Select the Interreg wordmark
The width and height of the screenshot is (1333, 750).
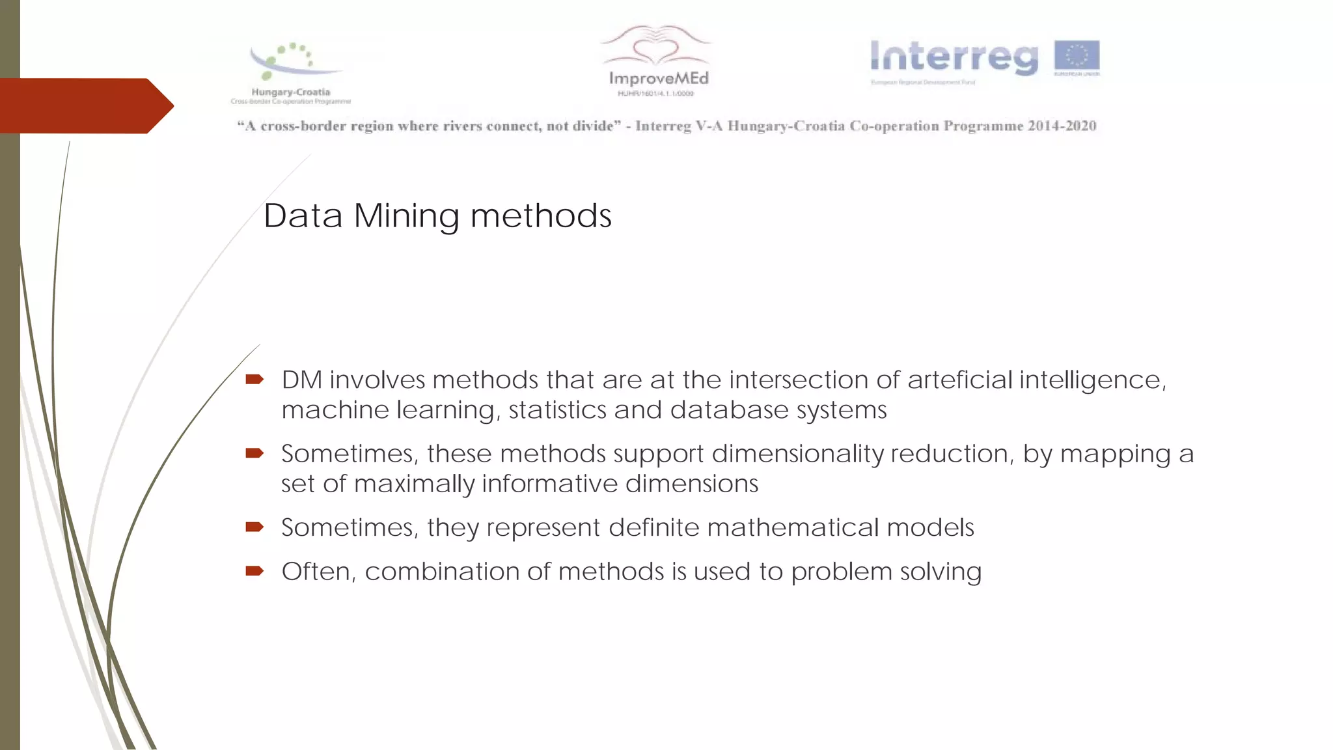(954, 58)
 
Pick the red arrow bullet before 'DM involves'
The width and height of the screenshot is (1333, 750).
(254, 380)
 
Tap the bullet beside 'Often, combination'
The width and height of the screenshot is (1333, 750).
(254, 571)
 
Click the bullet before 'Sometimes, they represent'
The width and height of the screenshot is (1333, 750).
(254, 527)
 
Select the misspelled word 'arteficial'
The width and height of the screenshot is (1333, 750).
(960, 380)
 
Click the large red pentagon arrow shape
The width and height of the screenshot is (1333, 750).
(85, 105)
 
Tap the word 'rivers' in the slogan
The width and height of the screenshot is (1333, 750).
(462, 126)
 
